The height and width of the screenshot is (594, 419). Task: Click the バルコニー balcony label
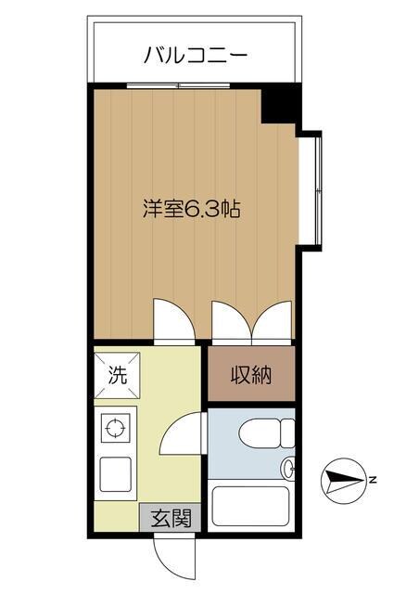pyautogui.click(x=195, y=55)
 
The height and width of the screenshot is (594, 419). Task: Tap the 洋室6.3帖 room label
pyautogui.click(x=192, y=209)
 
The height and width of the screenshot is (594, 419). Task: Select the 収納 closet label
pyautogui.click(x=250, y=376)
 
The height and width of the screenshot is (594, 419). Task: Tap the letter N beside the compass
pyautogui.click(x=371, y=480)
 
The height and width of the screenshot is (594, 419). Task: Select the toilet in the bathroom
pyautogui.click(x=264, y=436)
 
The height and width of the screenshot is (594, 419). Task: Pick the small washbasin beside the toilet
pyautogui.click(x=288, y=469)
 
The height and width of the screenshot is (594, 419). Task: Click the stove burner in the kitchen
pyautogui.click(x=116, y=429)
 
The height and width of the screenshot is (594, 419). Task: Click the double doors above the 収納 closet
pyautogui.click(x=251, y=322)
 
